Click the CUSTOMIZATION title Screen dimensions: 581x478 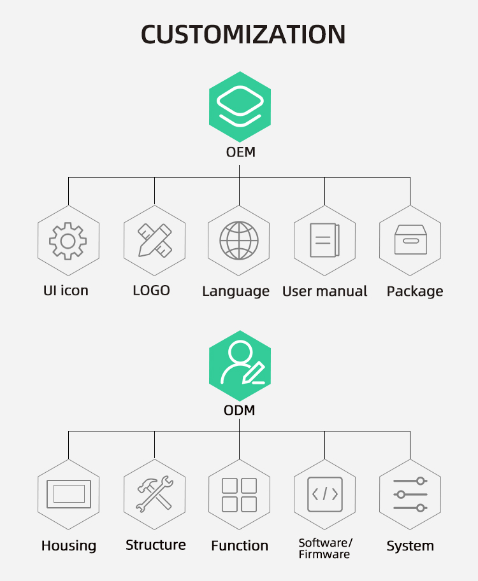point(243,34)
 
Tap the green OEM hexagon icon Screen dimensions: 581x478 point(240,107)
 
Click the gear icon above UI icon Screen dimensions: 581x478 point(68,240)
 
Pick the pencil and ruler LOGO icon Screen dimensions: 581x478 point(154,240)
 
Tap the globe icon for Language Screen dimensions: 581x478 point(240,240)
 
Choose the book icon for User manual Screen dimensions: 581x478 point(324,240)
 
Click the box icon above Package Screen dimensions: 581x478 point(410,240)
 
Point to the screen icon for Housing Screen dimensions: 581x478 point(68,494)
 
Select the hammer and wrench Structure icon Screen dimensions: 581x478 point(154,494)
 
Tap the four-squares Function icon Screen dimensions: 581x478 point(240,494)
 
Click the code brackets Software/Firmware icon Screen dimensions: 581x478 point(324,494)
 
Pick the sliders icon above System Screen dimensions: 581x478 point(410,494)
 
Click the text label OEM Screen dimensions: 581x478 point(240,152)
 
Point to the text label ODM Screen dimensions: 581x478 point(240,410)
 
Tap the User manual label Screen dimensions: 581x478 point(324,291)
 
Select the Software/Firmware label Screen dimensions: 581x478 point(325,549)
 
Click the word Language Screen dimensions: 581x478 point(236,291)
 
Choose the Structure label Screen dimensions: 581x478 point(156,545)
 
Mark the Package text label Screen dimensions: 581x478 point(415,291)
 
